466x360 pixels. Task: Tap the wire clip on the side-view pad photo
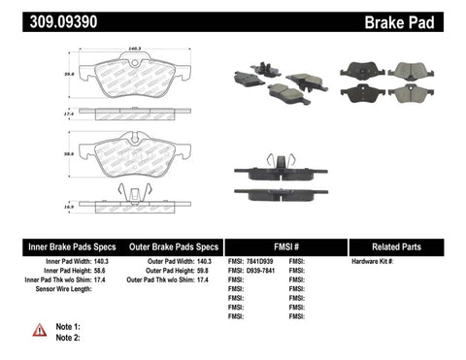[281, 159]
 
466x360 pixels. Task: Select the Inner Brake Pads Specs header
[56, 246]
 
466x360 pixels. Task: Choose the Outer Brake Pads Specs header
[168, 246]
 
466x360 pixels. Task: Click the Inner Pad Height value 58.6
[99, 272]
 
